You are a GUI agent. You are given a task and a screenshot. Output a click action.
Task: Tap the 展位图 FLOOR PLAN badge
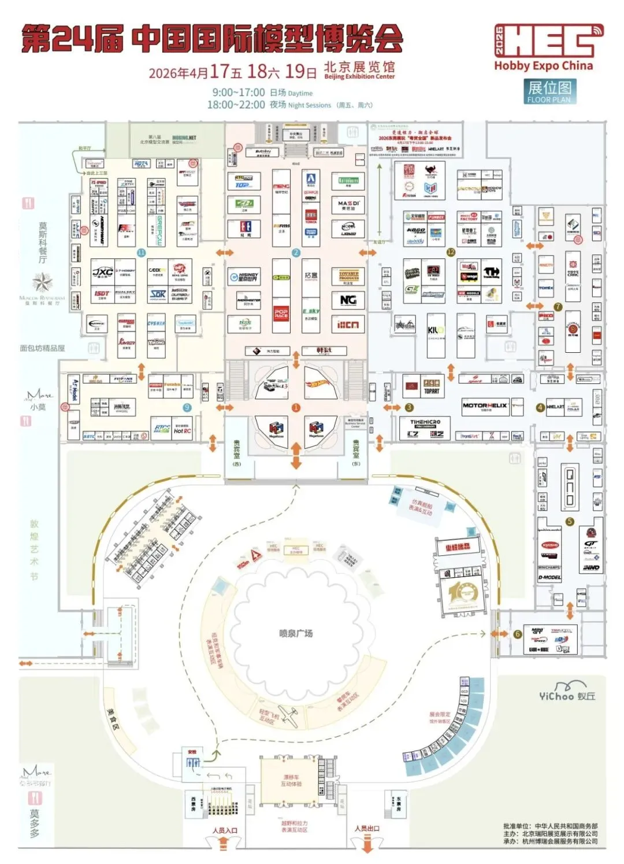549,91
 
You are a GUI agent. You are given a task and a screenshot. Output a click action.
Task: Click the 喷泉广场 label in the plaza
296,633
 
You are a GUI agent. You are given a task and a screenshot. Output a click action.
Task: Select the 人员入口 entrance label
225,830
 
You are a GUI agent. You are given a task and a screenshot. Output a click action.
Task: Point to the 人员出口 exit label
367,829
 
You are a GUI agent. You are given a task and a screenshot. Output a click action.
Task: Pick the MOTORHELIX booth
485,406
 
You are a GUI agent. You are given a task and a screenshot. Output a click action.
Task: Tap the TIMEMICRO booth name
425,422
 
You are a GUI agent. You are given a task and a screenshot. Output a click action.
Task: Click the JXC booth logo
103,272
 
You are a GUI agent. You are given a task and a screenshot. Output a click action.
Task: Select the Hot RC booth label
183,431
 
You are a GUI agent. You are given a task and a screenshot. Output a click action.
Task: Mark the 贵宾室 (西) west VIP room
236,451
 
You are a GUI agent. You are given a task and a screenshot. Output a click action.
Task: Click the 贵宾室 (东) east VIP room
356,451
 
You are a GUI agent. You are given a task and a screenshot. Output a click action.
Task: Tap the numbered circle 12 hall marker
451,252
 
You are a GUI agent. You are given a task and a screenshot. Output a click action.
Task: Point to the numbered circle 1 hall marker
296,408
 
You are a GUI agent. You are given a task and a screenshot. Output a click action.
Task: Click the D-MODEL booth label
549,577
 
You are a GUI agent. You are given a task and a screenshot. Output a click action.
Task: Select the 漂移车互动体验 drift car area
292,781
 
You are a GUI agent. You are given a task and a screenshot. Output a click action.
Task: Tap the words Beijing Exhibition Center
359,76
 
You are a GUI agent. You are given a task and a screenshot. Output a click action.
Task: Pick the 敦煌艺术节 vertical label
35,550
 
